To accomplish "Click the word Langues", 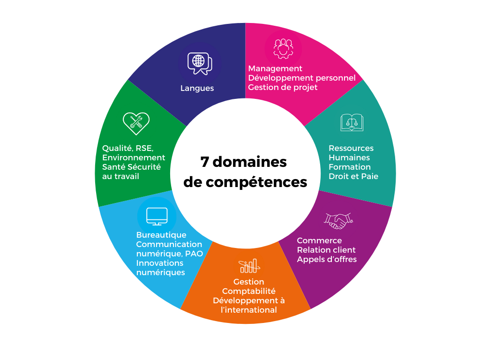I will (197, 88).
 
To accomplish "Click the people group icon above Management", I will (283, 47).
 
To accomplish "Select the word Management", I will (275, 68).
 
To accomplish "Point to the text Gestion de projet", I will (283, 87).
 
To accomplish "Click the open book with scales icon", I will (352, 122).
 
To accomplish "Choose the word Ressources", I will (351, 148).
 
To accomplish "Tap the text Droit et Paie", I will (353, 176).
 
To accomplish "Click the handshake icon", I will (338, 220).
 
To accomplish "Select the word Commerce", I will (319, 240).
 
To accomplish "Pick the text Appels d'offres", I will (327, 259).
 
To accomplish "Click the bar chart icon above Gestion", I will (248, 266).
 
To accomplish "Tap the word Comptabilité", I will (249, 291).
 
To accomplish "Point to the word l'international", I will (249, 310).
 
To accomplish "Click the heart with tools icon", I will (136, 123).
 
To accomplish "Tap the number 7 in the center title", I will (204, 162).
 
